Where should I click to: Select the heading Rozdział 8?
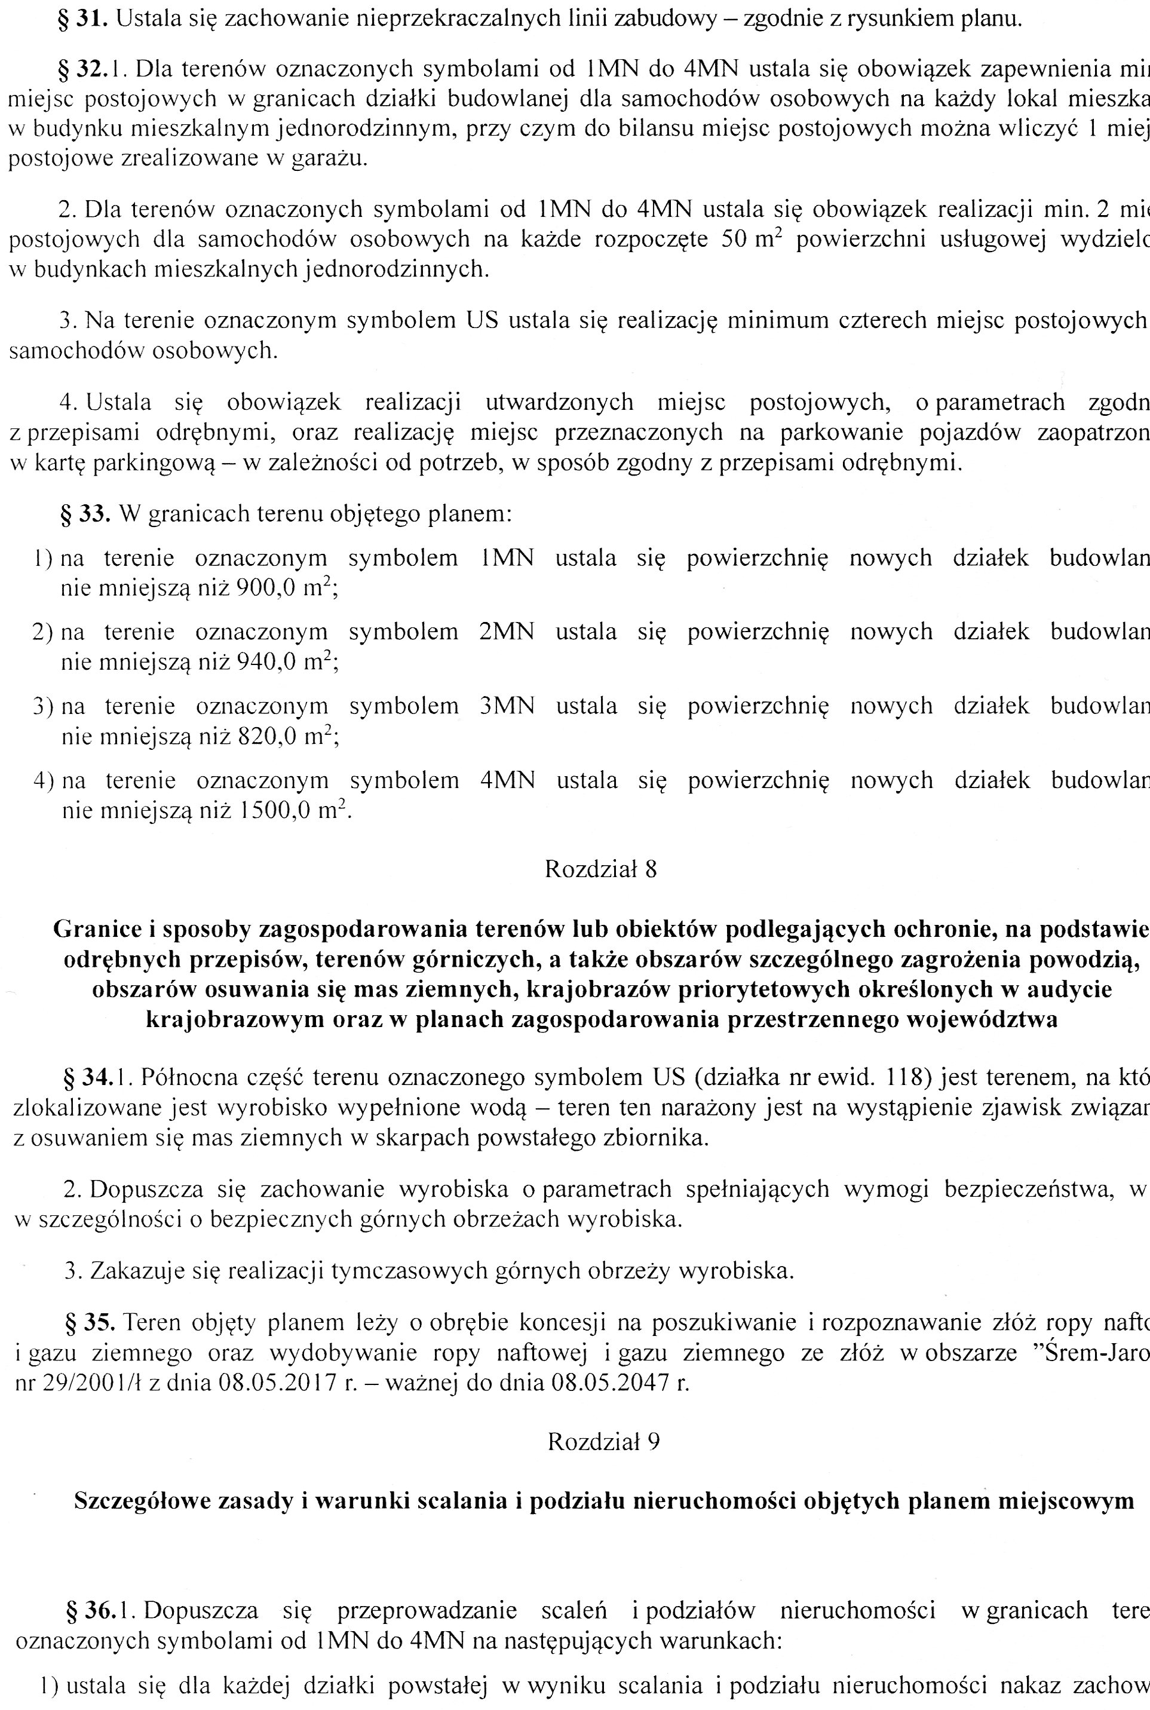(600, 869)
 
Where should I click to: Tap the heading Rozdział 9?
(603, 1442)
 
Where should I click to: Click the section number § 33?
(85, 513)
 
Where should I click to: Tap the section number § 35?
(90, 1322)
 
